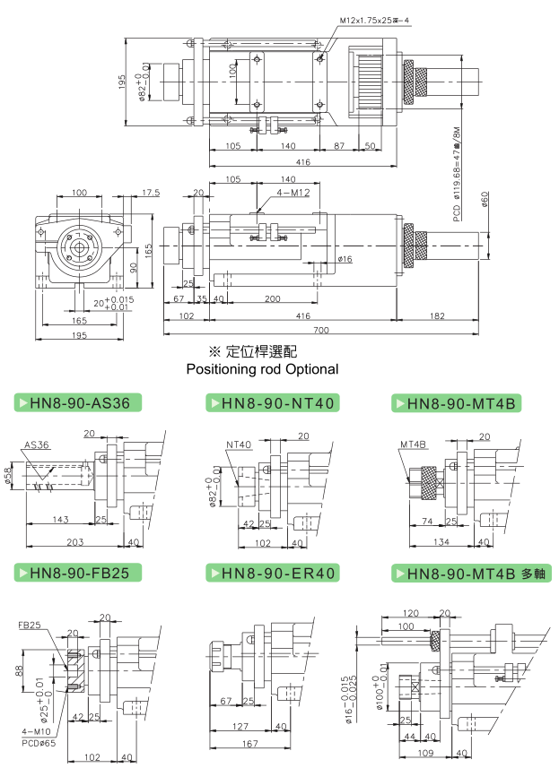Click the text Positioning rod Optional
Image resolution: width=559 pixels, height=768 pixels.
262,368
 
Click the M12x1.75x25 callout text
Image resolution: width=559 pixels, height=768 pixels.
376,20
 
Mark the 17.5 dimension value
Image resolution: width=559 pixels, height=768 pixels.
150,193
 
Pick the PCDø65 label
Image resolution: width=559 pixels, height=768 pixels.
32,742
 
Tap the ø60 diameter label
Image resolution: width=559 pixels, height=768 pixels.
485,200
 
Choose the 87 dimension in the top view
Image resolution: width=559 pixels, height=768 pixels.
339,145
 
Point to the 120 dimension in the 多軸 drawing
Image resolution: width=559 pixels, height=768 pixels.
412,614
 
